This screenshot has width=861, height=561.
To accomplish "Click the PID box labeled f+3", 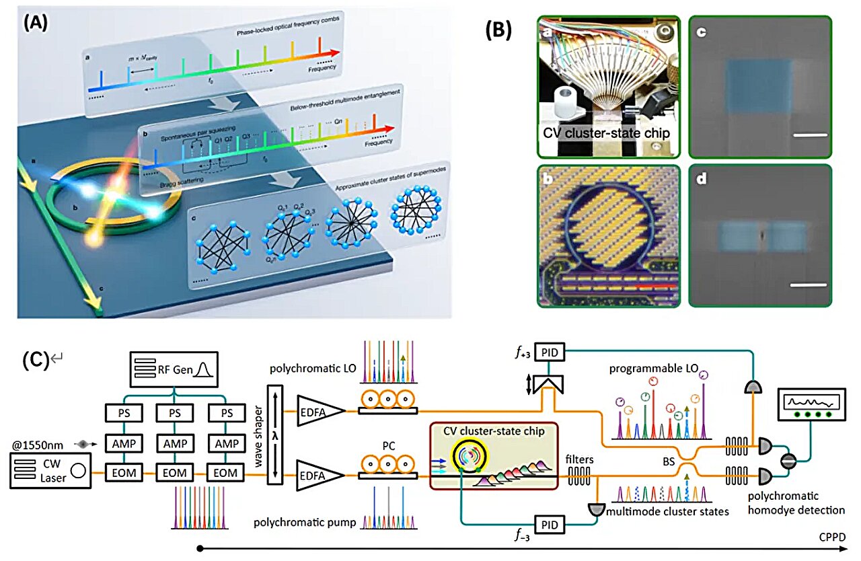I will (x=552, y=350).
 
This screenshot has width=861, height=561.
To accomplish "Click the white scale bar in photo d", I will (x=807, y=285).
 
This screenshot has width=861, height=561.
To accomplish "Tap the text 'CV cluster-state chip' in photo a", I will (x=607, y=133).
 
